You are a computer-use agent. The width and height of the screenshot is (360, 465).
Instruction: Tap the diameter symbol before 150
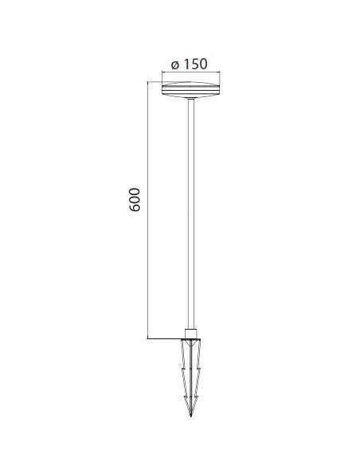[x=174, y=65]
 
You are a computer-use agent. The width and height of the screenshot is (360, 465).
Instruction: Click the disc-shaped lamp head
[x=191, y=88]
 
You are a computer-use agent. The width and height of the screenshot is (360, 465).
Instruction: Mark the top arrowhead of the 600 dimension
[x=148, y=83]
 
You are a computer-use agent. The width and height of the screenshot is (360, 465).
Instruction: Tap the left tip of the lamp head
[x=162, y=88]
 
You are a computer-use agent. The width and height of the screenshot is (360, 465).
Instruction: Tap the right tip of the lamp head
[x=220, y=88]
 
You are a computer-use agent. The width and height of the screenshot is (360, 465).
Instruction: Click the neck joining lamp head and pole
[x=191, y=98]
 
